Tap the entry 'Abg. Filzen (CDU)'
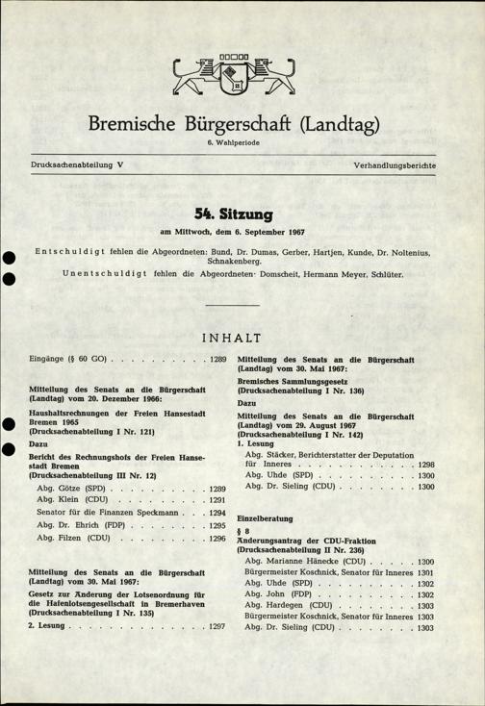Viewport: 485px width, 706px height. tap(79, 541)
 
